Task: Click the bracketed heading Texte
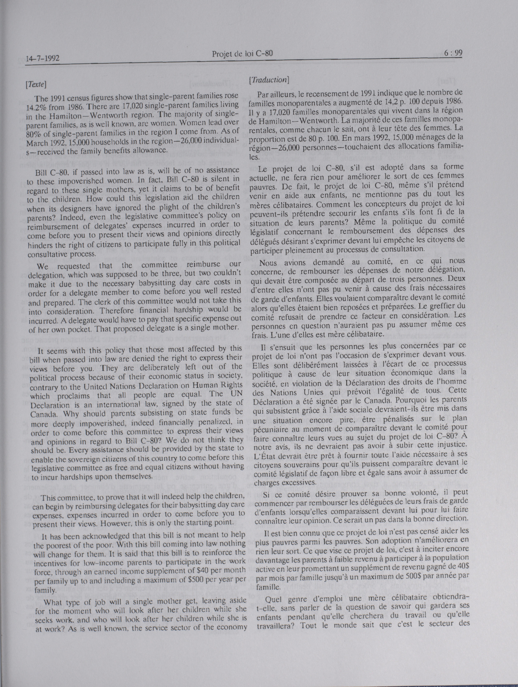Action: tap(37, 85)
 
